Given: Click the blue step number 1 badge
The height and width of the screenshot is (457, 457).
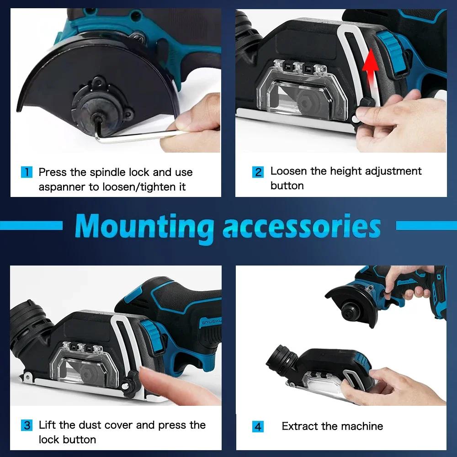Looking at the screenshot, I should [27, 172].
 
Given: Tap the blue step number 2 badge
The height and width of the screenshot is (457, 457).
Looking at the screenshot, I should [258, 172].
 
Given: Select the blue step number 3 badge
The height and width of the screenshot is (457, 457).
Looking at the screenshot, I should [27, 425].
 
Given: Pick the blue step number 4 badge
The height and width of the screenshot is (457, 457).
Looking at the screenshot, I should [258, 427].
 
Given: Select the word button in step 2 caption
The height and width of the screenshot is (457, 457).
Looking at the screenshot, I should [287, 186].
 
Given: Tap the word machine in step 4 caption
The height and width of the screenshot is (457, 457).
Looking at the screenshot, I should [361, 426].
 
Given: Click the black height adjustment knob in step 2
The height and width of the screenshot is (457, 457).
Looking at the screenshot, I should [366, 103].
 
